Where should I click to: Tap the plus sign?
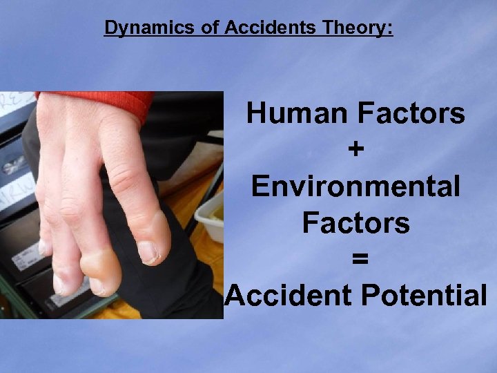coord(355,150)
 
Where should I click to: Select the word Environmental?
coord(355,186)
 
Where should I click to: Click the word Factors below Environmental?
coord(355,223)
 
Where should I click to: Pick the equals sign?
coord(355,259)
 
